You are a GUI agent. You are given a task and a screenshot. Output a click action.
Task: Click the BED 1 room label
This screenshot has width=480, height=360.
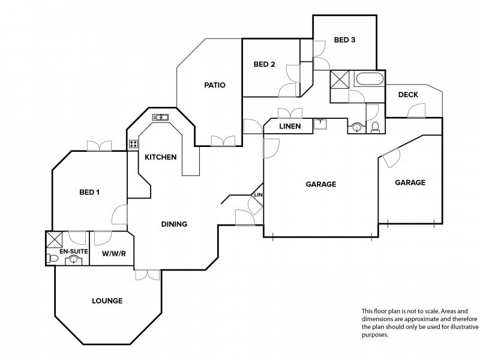(x=89, y=192)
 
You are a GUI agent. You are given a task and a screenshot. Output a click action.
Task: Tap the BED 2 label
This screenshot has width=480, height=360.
(x=264, y=64)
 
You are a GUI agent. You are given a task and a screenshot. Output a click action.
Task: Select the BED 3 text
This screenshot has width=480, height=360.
(x=344, y=40)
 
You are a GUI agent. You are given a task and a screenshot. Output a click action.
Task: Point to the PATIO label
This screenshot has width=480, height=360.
(x=215, y=85)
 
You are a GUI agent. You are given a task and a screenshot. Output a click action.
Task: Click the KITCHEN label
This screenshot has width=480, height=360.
(x=160, y=157)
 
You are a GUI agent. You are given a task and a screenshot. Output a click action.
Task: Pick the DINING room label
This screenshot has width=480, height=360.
(x=174, y=224)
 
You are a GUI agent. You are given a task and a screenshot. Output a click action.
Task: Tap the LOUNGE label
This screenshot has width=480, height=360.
(x=107, y=301)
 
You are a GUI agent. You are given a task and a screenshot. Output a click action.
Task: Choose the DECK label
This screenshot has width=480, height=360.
(x=408, y=95)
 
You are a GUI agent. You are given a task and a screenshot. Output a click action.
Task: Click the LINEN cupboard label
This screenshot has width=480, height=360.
(x=290, y=126)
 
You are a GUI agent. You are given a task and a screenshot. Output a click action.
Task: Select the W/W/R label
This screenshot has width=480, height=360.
(x=114, y=254)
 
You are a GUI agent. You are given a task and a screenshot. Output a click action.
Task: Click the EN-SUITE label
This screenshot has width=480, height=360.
(x=73, y=251)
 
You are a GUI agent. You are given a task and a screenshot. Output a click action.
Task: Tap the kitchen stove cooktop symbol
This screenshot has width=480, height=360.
(x=133, y=144)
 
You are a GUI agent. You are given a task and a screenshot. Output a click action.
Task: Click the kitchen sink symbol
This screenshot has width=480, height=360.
(x=160, y=117)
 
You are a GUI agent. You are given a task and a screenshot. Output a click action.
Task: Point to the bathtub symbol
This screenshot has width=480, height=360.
(x=369, y=79)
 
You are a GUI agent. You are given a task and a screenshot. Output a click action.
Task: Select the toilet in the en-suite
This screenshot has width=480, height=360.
(x=53, y=259)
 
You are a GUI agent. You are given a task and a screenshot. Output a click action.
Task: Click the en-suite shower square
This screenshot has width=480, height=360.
(x=54, y=239)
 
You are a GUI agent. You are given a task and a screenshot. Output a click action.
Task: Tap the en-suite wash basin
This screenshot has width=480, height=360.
(x=73, y=260)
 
